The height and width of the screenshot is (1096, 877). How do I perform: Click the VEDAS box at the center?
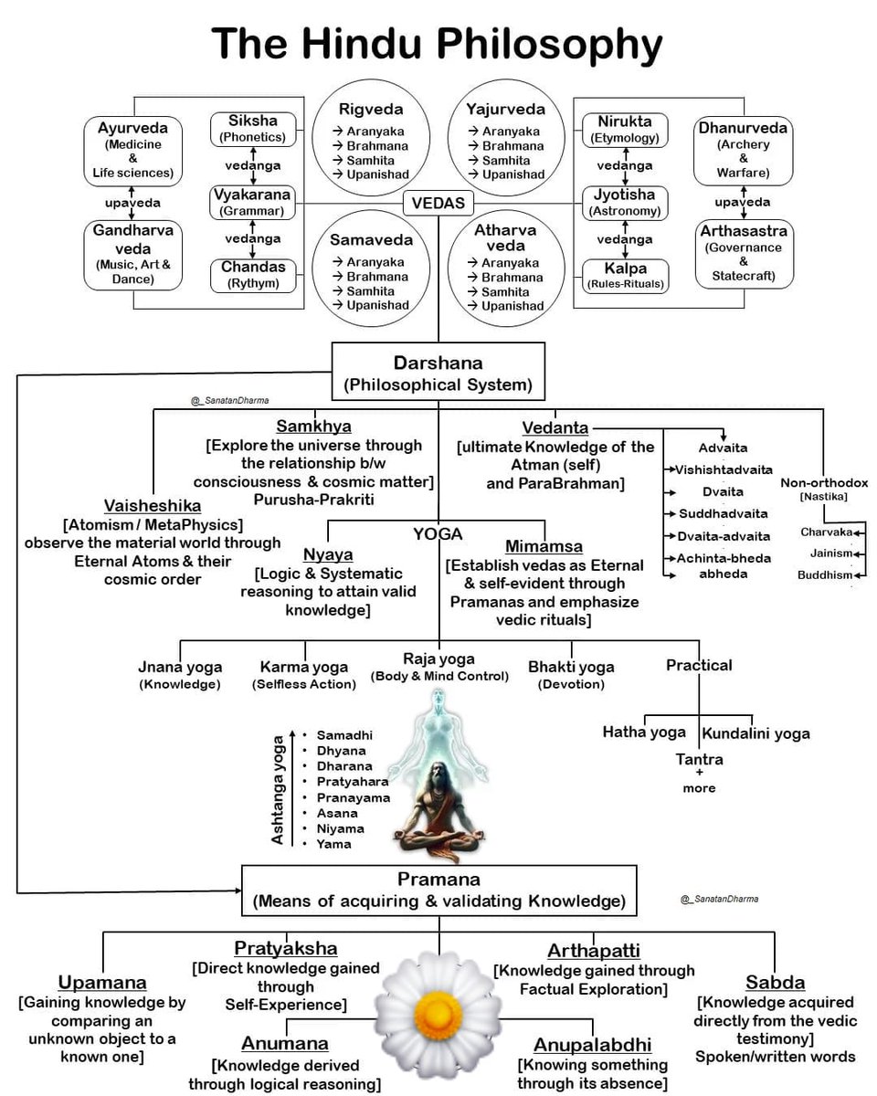point(438,203)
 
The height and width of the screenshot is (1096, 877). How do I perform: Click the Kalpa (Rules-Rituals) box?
point(626,275)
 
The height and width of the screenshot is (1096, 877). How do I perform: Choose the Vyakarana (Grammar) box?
point(252,202)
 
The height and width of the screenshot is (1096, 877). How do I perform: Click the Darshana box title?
point(438,363)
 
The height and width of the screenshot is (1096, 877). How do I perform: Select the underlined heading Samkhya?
point(314,427)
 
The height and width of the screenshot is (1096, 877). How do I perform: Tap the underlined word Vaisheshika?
point(153,505)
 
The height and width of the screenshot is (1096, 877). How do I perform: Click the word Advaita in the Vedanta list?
point(723,448)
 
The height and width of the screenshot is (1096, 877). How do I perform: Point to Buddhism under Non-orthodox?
point(824,574)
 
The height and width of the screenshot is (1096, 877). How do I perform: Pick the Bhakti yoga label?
point(571,667)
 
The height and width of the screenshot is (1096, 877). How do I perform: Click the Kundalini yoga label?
point(755,732)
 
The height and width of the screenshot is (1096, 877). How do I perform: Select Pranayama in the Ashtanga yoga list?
point(353,797)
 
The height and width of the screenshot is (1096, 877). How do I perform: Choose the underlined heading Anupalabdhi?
point(591,1044)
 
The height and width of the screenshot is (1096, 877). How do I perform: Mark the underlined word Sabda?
point(775,983)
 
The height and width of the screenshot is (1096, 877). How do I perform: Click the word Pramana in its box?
point(438,880)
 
